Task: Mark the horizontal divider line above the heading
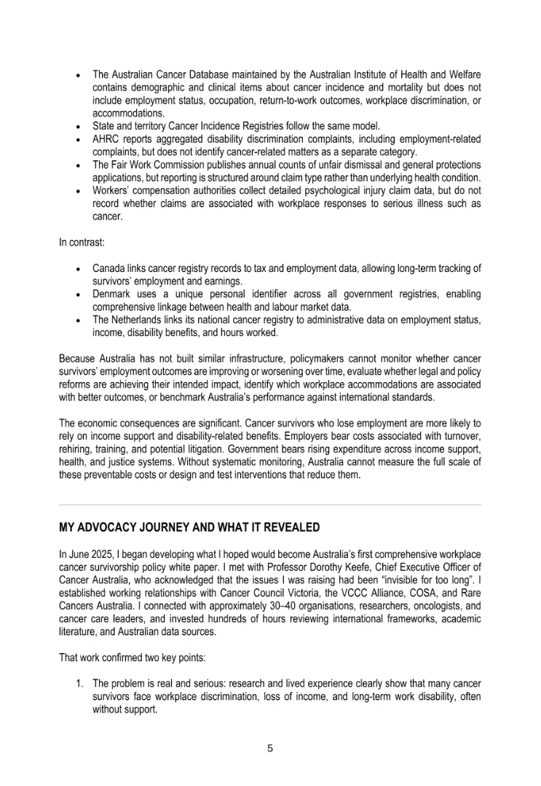[x=270, y=505]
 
